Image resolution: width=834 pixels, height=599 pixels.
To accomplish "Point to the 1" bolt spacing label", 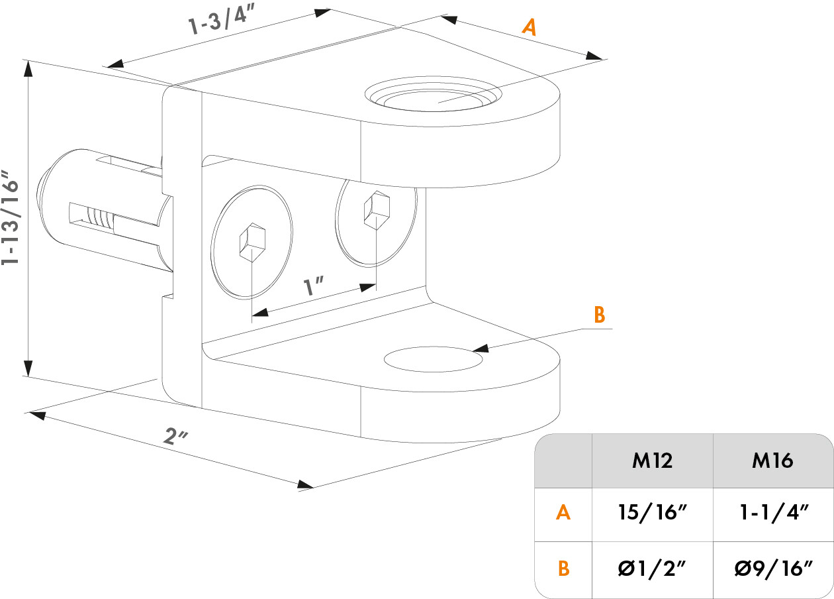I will tap(313, 287).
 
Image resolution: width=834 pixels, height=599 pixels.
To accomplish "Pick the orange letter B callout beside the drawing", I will tap(599, 315).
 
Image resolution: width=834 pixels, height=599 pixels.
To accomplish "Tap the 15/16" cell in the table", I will tap(652, 513).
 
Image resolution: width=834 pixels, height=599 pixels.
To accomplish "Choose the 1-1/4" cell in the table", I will tap(772, 513).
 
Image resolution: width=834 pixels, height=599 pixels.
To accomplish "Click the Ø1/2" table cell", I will tap(652, 569).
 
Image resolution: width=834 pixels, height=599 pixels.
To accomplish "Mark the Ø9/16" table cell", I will tap(772, 569).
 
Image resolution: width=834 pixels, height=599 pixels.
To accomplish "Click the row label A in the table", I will tap(563, 513).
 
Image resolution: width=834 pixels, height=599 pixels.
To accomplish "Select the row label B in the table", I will tap(563, 569).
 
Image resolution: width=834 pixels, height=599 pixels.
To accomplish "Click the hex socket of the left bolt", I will tap(252, 243).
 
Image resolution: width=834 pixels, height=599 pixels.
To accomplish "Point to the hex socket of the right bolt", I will tap(375, 209).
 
